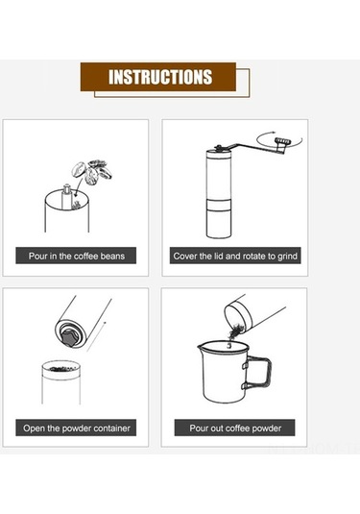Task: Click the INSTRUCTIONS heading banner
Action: point(158,77)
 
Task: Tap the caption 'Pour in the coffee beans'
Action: point(76,256)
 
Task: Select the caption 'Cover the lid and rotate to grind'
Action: point(235,256)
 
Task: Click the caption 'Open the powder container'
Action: point(76,428)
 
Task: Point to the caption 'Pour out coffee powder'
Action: point(235,428)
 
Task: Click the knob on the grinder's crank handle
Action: point(283,141)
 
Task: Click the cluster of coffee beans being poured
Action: point(92,171)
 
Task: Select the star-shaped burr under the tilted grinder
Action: point(70,336)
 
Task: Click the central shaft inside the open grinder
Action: point(66,196)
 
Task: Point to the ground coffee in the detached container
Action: point(61,369)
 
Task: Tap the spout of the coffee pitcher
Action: point(202,345)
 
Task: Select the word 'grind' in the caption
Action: point(287,256)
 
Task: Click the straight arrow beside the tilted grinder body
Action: point(96,336)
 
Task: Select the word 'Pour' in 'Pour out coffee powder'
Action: point(198,428)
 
